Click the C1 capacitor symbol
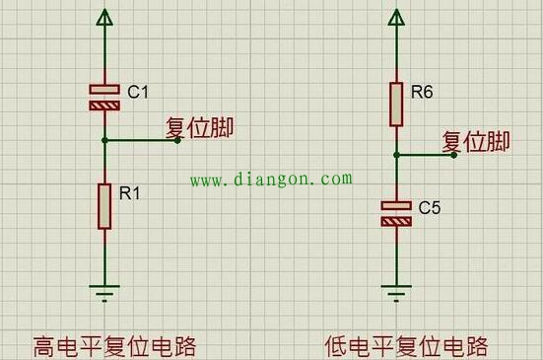(x=103, y=96)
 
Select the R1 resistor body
(x=103, y=206)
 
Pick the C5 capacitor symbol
(x=396, y=213)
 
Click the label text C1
(x=138, y=92)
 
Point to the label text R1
(x=129, y=194)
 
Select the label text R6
(x=422, y=92)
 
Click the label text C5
(x=430, y=208)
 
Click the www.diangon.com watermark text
(x=270, y=180)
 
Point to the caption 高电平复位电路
(x=115, y=346)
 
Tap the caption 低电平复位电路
(x=406, y=346)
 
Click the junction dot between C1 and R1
(x=103, y=140)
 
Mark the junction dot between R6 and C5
(x=396, y=155)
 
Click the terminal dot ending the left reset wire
(x=177, y=140)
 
